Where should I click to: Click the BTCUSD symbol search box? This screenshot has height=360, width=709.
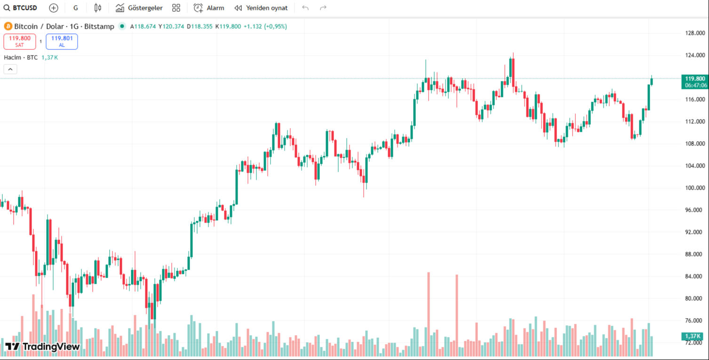(x=21, y=8)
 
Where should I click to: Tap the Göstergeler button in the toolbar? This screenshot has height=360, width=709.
(x=139, y=8)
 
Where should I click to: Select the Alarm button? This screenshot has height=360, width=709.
(x=209, y=8)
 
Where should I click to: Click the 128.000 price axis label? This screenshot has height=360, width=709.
(x=694, y=33)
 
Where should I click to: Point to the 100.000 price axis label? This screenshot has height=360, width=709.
(x=694, y=188)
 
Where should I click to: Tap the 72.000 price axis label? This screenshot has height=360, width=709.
(x=694, y=343)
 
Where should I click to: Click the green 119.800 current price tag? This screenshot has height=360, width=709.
(x=695, y=79)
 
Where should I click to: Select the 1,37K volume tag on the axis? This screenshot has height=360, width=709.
(x=693, y=336)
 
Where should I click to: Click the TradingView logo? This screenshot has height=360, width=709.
(x=42, y=347)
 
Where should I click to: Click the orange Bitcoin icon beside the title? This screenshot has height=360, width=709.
(x=8, y=26)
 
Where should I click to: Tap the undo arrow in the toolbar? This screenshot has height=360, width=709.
(x=305, y=8)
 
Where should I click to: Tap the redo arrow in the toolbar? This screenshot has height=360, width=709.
(x=323, y=8)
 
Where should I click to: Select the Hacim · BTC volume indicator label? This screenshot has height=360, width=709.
(x=21, y=57)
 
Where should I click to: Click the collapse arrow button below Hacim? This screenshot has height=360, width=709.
(x=10, y=69)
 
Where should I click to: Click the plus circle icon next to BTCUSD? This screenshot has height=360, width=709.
(x=54, y=8)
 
